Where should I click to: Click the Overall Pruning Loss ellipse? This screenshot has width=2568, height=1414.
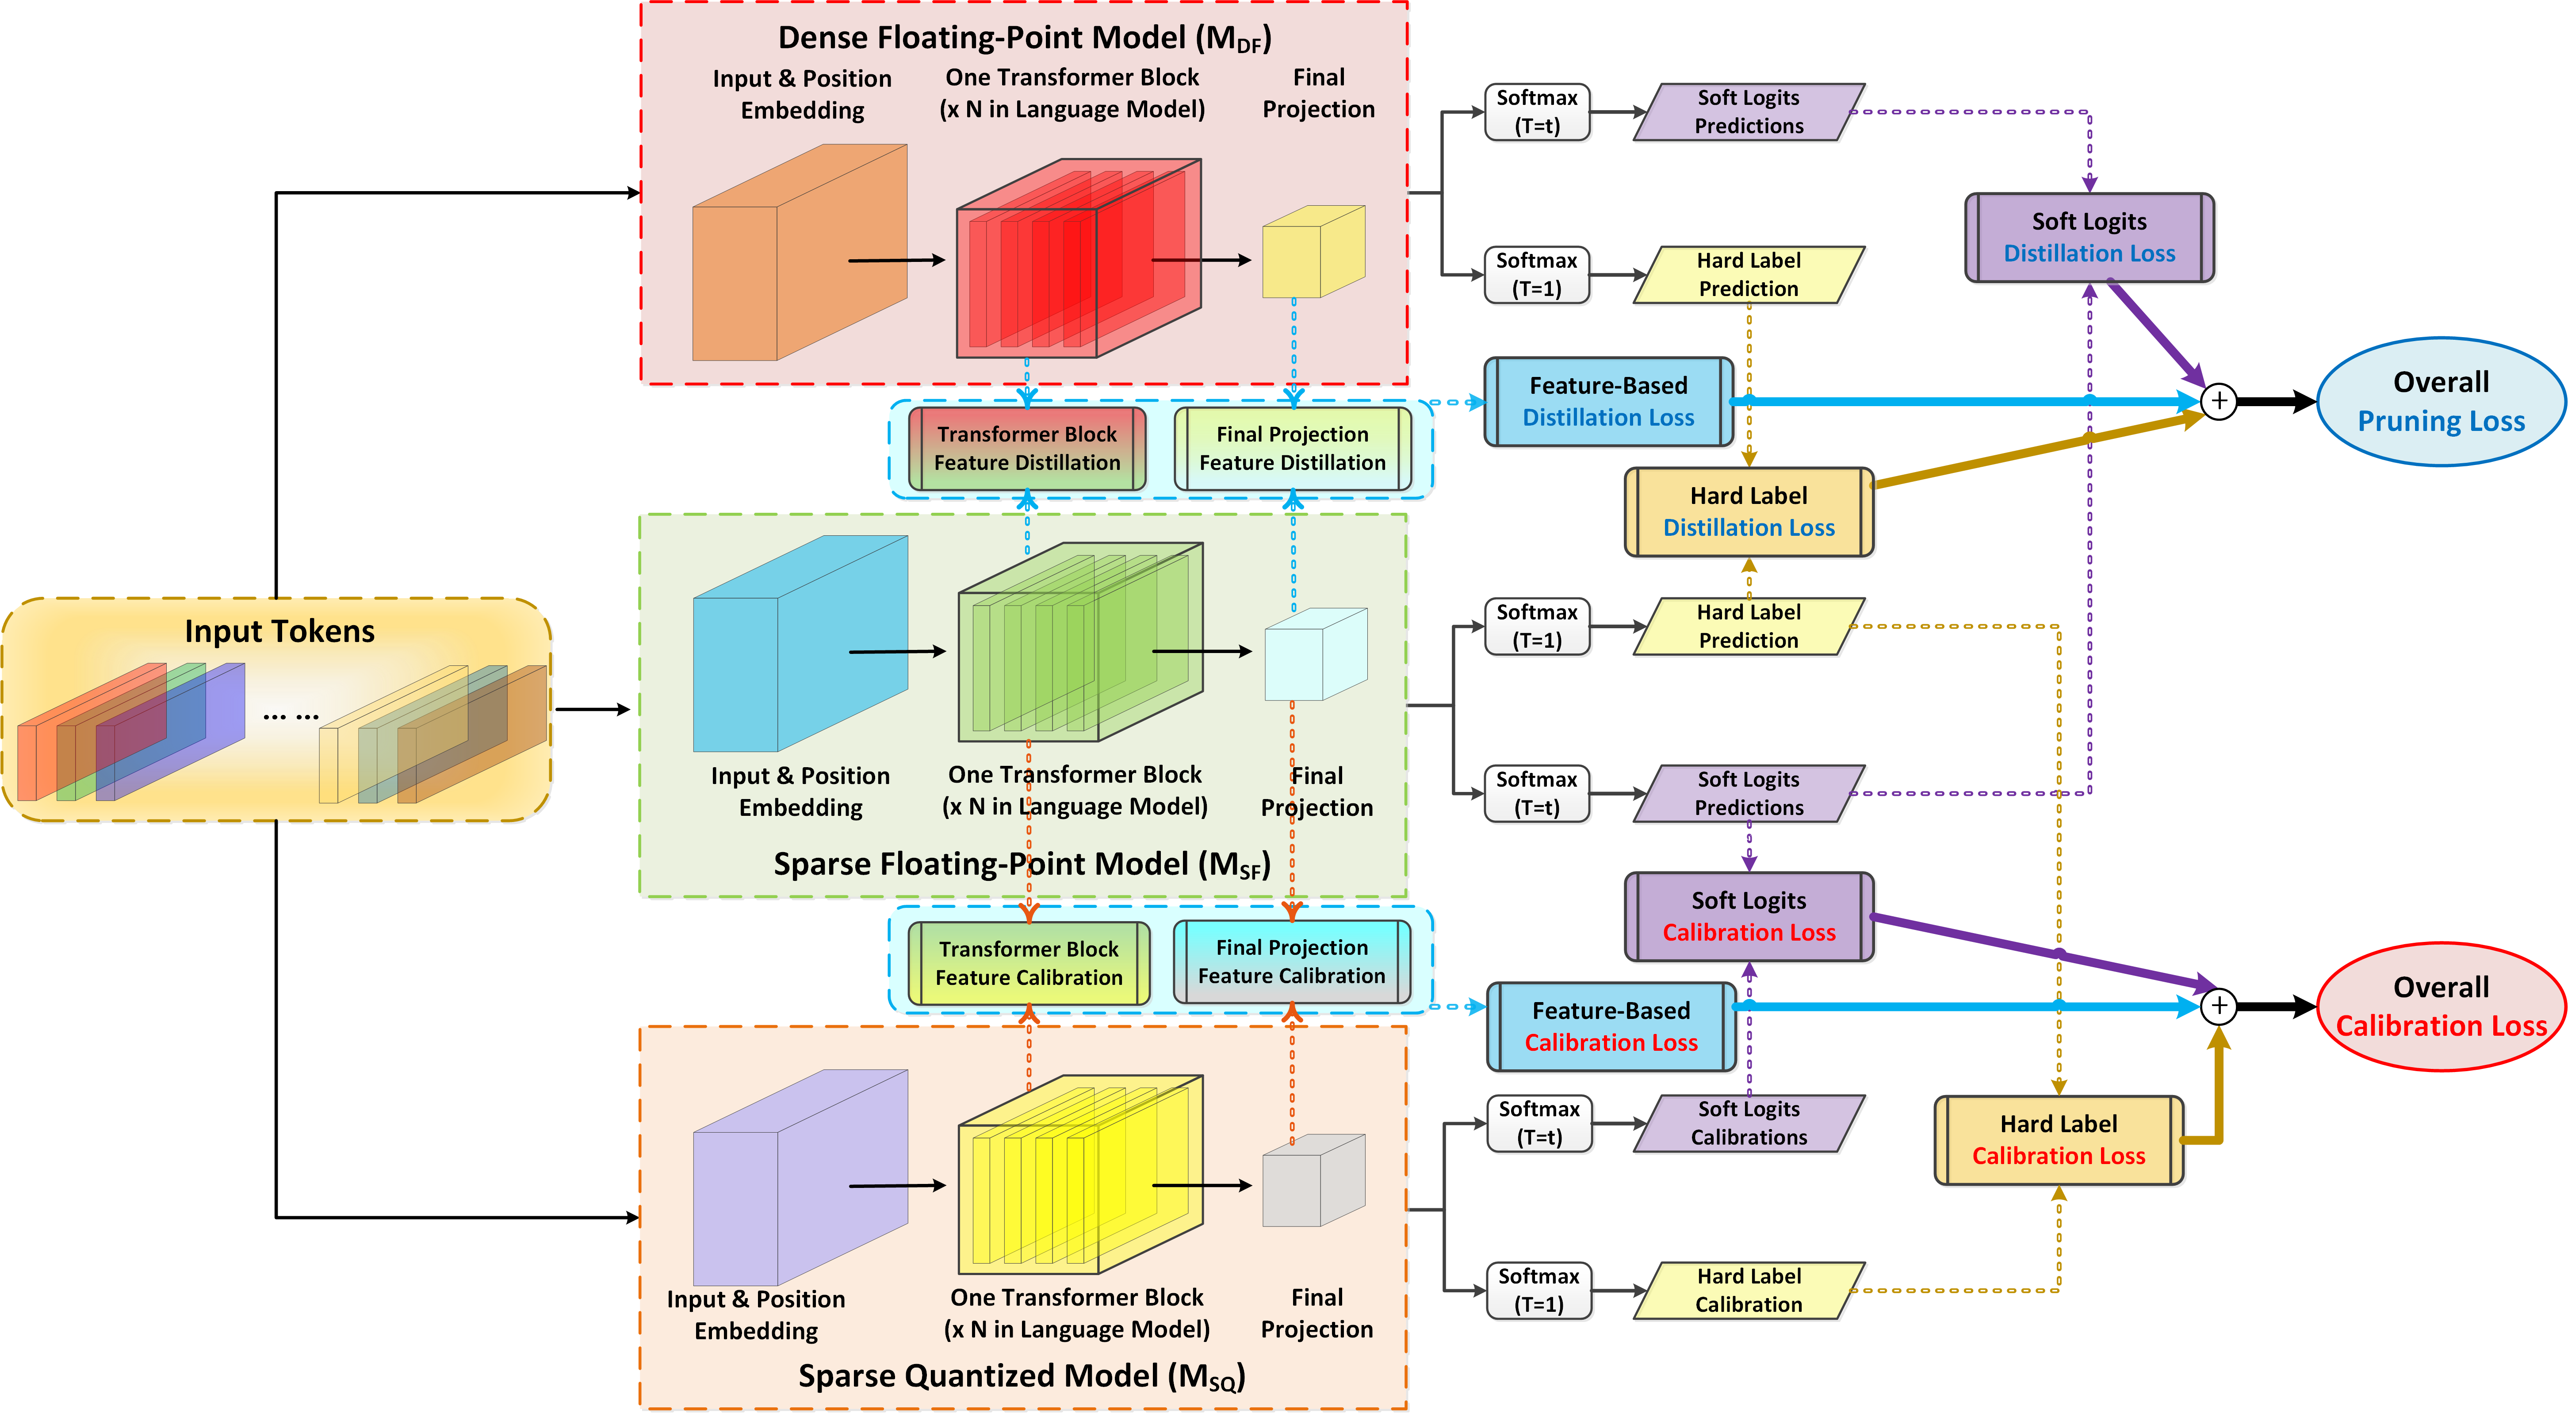[x=2440, y=402]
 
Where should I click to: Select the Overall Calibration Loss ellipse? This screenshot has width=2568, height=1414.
[x=2440, y=1006]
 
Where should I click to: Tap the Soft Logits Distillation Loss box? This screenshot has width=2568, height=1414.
[x=2090, y=237]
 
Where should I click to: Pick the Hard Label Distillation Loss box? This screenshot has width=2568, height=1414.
[x=1749, y=511]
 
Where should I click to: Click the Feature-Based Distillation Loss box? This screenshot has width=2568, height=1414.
[x=1608, y=401]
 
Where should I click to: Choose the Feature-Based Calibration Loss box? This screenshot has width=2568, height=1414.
[x=1611, y=1026]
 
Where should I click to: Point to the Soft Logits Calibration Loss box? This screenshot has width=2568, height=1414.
[x=1749, y=916]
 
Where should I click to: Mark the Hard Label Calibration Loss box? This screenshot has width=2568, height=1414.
[x=2059, y=1140]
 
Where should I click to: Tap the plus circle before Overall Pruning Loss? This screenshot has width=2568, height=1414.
[x=2219, y=401]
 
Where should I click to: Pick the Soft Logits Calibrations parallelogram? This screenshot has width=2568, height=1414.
[x=1749, y=1123]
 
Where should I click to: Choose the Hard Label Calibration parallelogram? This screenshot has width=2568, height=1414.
[x=1749, y=1291]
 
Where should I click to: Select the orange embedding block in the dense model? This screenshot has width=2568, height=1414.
[x=797, y=254]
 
